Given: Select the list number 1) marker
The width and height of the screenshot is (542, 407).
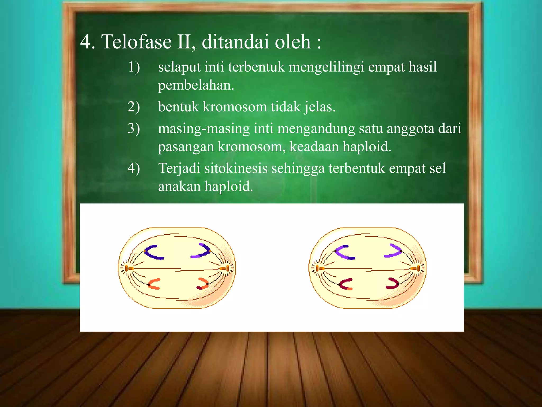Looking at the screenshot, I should (134, 67).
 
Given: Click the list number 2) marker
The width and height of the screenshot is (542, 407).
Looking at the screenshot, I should (134, 107).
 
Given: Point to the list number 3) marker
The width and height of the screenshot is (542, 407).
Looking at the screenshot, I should (134, 129).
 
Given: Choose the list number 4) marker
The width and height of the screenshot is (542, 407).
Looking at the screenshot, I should (134, 168).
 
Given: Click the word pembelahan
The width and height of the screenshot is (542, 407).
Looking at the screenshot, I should (196, 85).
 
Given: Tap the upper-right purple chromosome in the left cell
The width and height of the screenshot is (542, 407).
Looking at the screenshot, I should (202, 251).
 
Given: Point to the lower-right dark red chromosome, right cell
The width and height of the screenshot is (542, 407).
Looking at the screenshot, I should (393, 284).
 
